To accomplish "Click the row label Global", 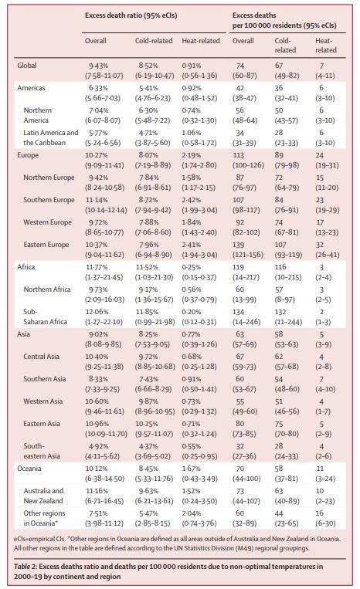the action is pos(27,66).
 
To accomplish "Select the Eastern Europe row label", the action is pos(46,245).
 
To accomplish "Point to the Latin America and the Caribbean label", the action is pos(51,137).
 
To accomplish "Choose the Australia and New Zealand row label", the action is pos(43,496).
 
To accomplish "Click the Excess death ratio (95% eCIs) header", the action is pos(131,15).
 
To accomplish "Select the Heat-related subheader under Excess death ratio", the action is pos(201,41).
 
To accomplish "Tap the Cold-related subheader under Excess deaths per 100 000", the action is pos(285,46).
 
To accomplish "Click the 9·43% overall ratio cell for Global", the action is pos(98,66).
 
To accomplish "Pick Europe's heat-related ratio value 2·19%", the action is pos(192,155).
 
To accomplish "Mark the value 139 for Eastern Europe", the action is pos(238,245).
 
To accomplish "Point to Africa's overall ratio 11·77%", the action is pos(97,267).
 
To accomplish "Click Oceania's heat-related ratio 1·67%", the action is pos(192,469).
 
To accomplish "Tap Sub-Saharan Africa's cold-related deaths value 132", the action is pos(280,312).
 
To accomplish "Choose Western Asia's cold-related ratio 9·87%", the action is pos(148,401).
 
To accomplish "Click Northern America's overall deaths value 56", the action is pos(239,110).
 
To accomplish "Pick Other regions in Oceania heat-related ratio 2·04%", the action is pos(192,513).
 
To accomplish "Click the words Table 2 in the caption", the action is pos(25,567).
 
